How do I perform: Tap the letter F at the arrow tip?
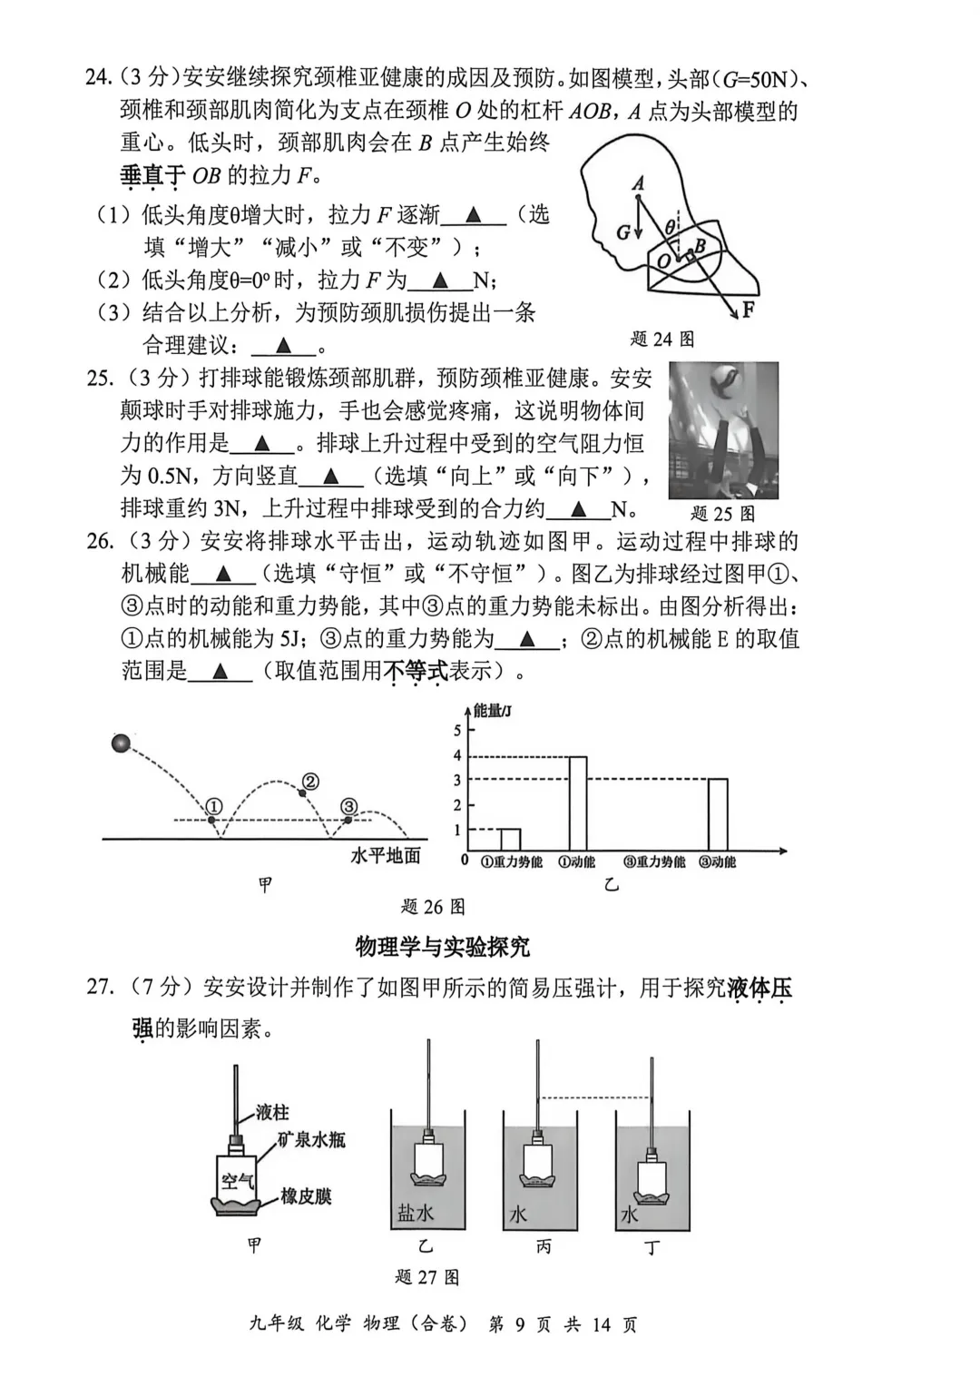tap(748, 310)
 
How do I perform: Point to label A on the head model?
tap(638, 183)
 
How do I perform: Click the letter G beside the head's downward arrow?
tap(623, 232)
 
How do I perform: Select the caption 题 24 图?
tap(661, 339)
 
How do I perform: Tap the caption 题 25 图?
tap(722, 513)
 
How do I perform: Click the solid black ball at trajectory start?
tap(121, 744)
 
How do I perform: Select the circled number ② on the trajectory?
tap(310, 782)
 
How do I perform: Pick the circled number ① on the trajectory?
tap(213, 806)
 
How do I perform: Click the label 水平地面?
tap(386, 855)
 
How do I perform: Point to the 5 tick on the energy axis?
tap(457, 731)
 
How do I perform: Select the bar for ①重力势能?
tap(510, 840)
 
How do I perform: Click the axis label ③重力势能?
tap(653, 861)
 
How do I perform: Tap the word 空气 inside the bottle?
tap(238, 1182)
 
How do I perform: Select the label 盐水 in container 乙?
tap(416, 1213)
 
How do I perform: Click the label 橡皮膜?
tap(306, 1196)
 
